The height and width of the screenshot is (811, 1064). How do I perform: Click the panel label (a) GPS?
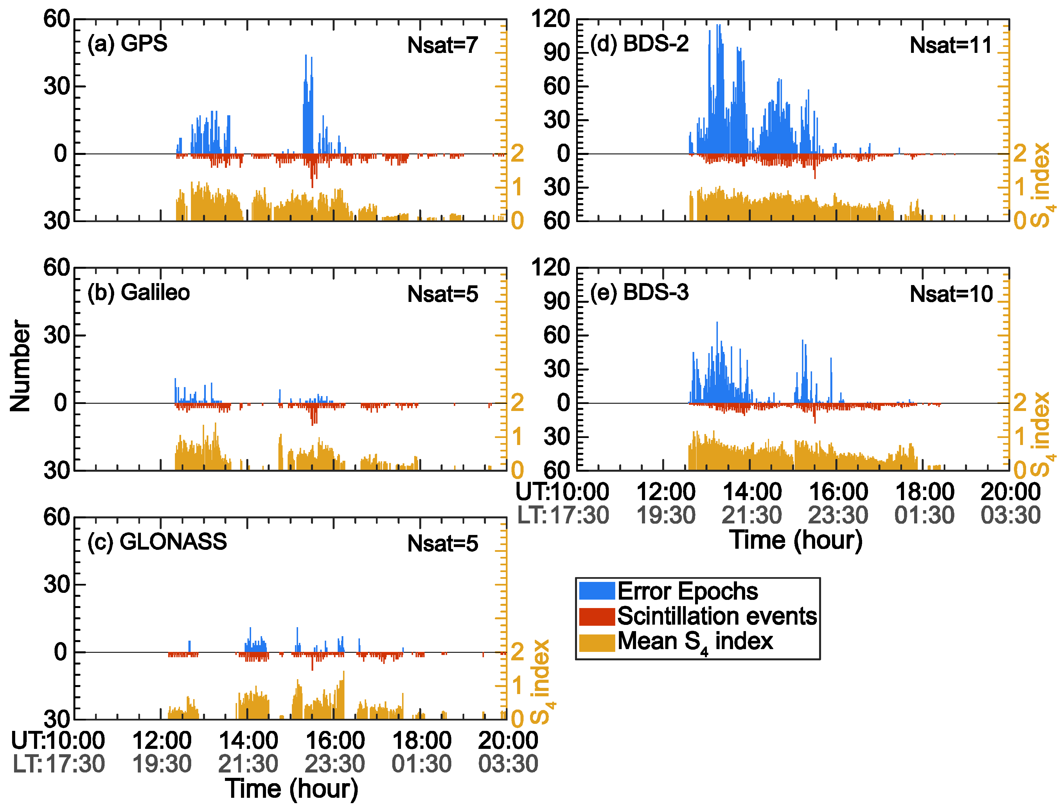[x=127, y=44]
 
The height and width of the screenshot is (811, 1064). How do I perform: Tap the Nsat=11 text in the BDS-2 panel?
[x=950, y=45]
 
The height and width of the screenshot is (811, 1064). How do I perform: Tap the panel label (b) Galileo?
[x=139, y=293]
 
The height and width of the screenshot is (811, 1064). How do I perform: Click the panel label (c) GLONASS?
[x=157, y=542]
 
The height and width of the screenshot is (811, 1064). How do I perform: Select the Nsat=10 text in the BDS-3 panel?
[x=951, y=294]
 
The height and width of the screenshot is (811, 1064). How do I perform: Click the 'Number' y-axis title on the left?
[x=20, y=366]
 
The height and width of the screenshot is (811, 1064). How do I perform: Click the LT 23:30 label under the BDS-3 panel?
[x=838, y=515]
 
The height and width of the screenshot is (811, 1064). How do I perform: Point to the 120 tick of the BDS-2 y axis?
[x=550, y=19]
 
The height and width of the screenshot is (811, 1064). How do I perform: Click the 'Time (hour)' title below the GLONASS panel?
[x=292, y=789]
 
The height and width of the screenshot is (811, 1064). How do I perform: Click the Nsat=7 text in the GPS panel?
[x=442, y=45]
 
